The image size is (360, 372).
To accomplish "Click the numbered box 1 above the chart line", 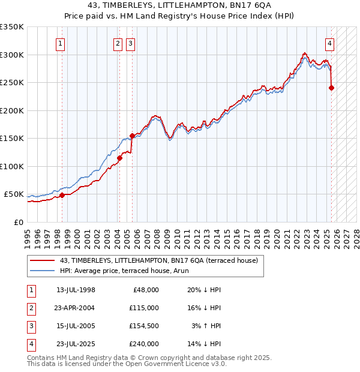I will tap(61, 43).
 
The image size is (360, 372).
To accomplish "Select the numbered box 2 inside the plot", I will tap(118, 43).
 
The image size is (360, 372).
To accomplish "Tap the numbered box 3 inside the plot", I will tap(130, 43).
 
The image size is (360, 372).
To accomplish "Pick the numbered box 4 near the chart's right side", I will tap(330, 43).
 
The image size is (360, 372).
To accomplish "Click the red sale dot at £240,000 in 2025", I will tap(331, 88).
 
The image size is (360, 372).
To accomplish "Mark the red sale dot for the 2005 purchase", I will tap(132, 136).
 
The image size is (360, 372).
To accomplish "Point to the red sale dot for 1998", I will tap(62, 195).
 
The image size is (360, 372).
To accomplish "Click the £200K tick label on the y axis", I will tap(11, 110).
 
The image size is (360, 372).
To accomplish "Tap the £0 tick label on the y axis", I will tap(19, 222).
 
